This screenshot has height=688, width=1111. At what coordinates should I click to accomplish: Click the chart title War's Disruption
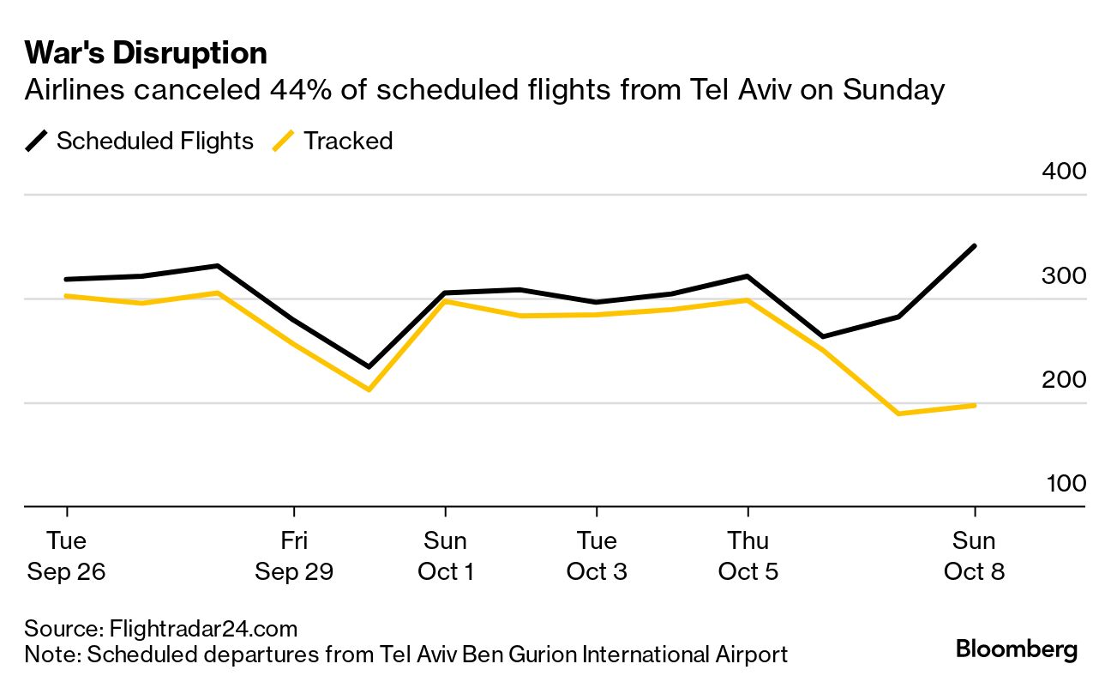[x=146, y=53]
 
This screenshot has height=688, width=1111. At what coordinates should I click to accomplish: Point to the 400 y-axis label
[x=1064, y=171]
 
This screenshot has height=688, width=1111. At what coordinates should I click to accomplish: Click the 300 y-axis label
[x=1064, y=275]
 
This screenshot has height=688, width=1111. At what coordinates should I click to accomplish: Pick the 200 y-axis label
[x=1064, y=379]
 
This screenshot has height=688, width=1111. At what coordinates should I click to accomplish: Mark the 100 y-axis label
[x=1065, y=483]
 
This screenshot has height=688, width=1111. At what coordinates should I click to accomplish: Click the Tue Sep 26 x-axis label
[x=66, y=556]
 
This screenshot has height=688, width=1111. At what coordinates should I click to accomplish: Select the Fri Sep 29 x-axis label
[x=294, y=556]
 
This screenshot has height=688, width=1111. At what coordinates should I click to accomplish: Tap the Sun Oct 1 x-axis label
[x=445, y=556]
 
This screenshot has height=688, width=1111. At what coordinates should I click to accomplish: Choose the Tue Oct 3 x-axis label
[x=597, y=556]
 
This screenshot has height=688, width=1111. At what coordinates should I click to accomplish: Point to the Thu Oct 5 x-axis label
[x=748, y=556]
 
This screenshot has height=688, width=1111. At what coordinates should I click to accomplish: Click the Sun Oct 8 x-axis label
[x=975, y=556]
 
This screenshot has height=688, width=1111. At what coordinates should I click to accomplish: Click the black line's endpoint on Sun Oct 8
[x=975, y=246]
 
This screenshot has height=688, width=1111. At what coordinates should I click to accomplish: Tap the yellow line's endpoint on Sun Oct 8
[x=975, y=405]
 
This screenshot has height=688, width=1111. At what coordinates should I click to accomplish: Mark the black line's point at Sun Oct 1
[x=445, y=293]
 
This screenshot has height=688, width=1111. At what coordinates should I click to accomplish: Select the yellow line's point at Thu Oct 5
[x=748, y=300]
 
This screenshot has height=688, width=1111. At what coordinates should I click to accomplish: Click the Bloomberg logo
[x=1017, y=649]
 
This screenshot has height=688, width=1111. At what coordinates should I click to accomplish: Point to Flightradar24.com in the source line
[x=203, y=629]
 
